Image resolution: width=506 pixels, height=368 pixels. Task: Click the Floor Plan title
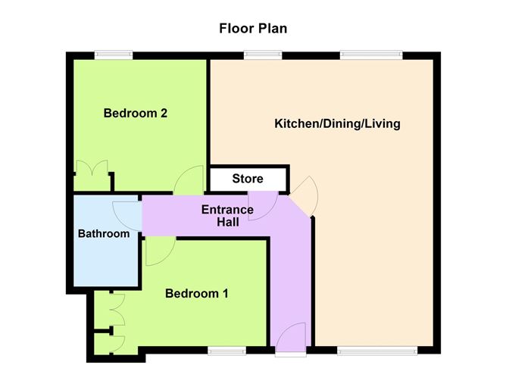pyautogui.click(x=253, y=28)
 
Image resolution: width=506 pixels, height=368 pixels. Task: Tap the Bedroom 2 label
pyautogui.click(x=136, y=114)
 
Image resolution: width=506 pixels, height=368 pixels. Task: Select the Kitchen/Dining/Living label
pyautogui.click(x=337, y=123)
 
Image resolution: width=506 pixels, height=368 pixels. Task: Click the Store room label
pyautogui.click(x=248, y=179)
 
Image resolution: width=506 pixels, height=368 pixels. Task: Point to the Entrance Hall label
pyautogui.click(x=227, y=216)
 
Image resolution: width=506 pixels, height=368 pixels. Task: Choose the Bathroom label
pyautogui.click(x=104, y=233)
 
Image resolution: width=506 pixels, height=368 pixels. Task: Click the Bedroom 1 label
pyautogui.click(x=196, y=294)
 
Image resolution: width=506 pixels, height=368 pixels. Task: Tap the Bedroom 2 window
pyautogui.click(x=114, y=55)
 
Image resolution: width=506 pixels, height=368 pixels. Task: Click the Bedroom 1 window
pyautogui.click(x=226, y=351)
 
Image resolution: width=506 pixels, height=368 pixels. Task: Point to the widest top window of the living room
pyautogui.click(x=371, y=55)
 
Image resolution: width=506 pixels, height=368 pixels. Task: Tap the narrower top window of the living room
pyautogui.click(x=263, y=55)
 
